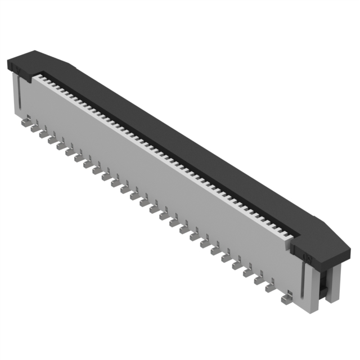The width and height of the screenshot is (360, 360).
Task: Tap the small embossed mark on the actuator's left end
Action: coord(17,71)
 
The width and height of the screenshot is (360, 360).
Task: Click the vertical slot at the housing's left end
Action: coord(21,96)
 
